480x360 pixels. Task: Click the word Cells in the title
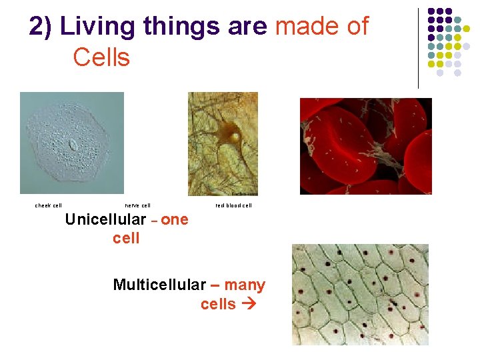coord(101,57)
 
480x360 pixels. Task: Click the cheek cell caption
coord(49,205)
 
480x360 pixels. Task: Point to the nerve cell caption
coord(138,205)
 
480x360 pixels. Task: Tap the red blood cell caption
coord(233,205)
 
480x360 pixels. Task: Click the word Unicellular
coord(105,220)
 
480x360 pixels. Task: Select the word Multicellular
coord(159,285)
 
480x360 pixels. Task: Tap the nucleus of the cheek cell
coord(73,145)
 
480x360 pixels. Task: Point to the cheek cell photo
coord(72,143)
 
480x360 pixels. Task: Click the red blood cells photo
coord(365,146)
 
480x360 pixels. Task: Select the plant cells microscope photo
coord(360,294)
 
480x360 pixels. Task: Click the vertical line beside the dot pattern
coord(418,48)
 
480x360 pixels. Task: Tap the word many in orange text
coord(245,285)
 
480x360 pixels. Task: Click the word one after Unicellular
coord(175,220)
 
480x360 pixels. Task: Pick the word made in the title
coord(300,27)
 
